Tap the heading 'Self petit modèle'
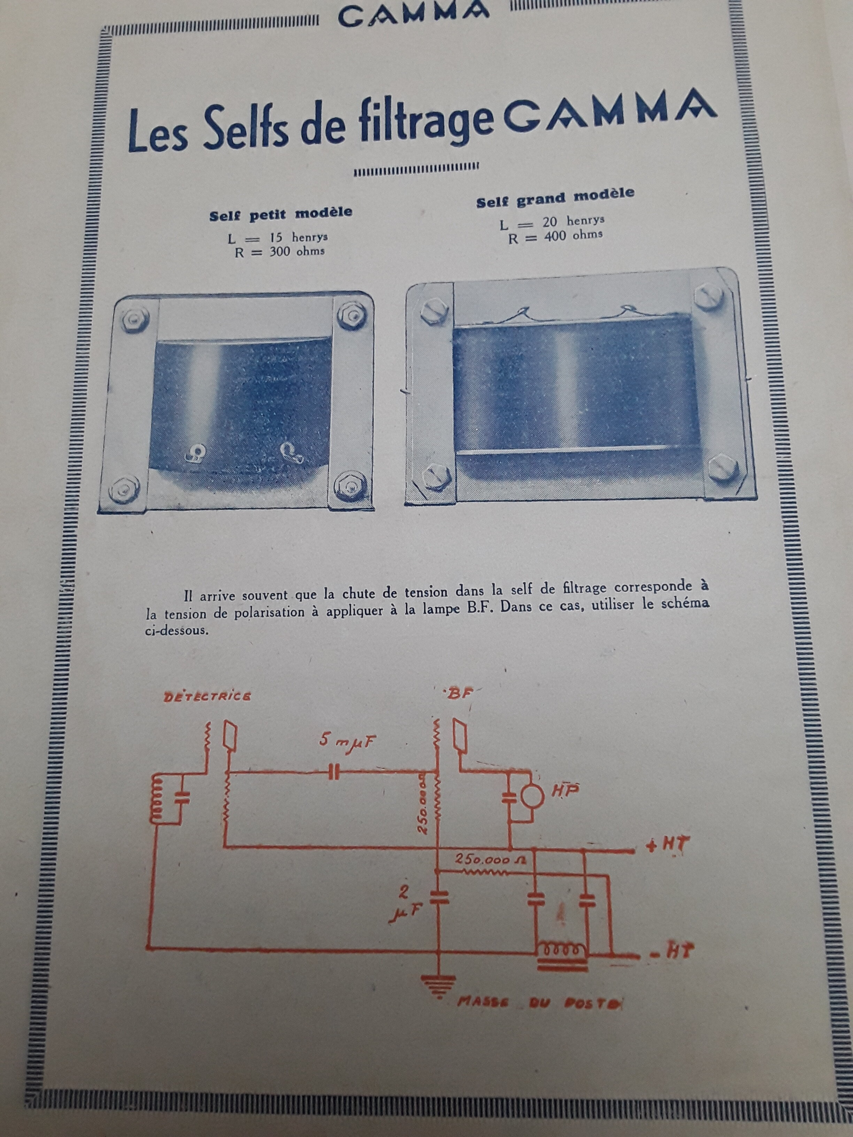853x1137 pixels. (281, 214)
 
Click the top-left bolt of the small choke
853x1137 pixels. (133, 320)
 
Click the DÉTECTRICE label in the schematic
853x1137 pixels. (207, 697)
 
